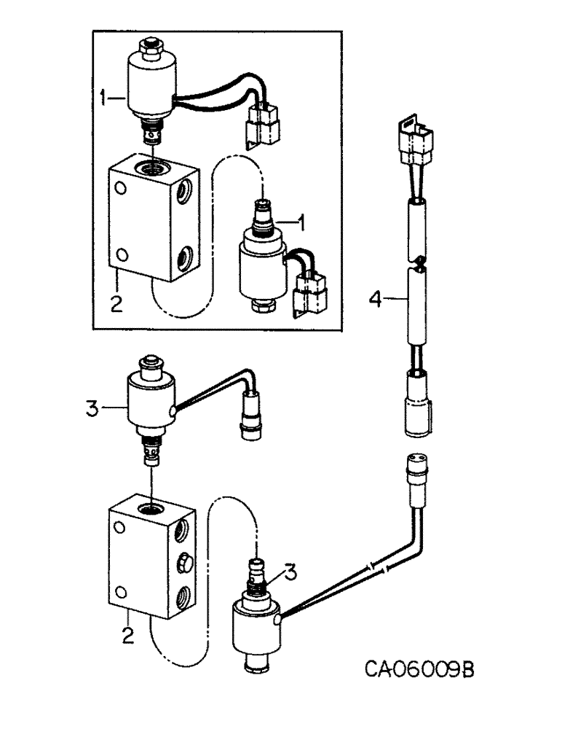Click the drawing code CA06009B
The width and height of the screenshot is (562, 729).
pyautogui.click(x=420, y=669)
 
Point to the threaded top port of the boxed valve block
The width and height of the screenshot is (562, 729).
pyautogui.click(x=154, y=169)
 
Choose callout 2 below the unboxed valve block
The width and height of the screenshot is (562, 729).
pyautogui.click(x=127, y=636)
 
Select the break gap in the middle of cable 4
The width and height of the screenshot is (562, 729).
pyautogui.click(x=416, y=262)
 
